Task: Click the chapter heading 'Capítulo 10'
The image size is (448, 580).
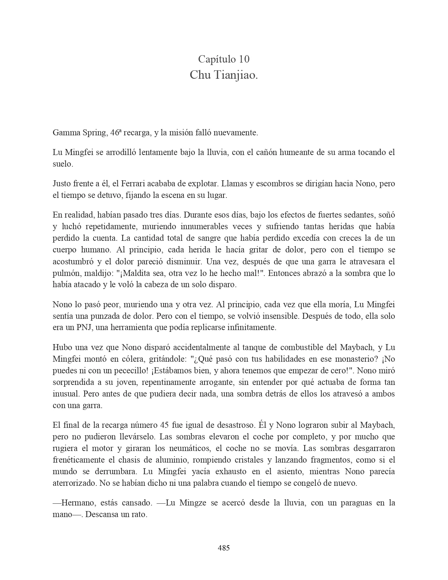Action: [x=223, y=59]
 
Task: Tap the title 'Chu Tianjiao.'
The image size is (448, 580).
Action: [x=223, y=75]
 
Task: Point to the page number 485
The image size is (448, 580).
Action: [x=224, y=547]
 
